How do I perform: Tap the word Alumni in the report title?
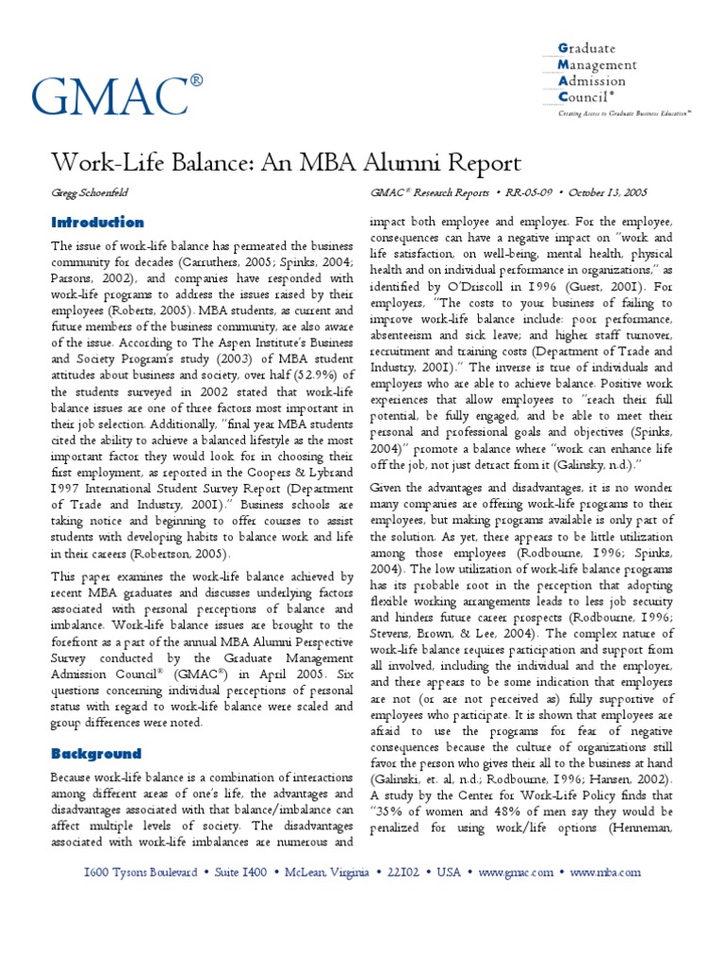tap(403, 160)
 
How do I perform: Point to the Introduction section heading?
tap(97, 223)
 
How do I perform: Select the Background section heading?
tap(96, 754)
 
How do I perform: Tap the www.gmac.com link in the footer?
tap(517, 873)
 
